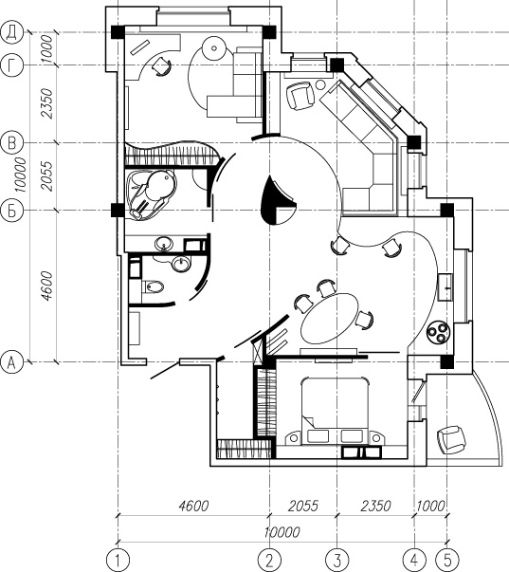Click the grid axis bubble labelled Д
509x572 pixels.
[11, 32]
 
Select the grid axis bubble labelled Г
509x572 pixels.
[11, 66]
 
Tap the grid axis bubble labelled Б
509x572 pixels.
[11, 211]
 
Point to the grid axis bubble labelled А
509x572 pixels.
[11, 362]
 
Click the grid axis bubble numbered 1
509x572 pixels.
[118, 560]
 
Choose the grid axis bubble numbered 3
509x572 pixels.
[336, 560]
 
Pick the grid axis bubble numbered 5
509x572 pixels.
[447, 560]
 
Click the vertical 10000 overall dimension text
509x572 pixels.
[21, 175]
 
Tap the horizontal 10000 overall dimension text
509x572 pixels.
[282, 532]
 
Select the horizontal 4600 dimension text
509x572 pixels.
[193, 506]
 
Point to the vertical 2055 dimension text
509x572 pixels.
[47, 176]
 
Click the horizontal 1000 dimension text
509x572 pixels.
[430, 506]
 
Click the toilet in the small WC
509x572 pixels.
[154, 286]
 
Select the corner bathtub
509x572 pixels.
[151, 194]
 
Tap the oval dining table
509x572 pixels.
[330, 318]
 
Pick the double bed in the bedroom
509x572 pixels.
[335, 411]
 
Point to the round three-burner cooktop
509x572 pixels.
[439, 333]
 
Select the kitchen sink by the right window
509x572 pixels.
[445, 286]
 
